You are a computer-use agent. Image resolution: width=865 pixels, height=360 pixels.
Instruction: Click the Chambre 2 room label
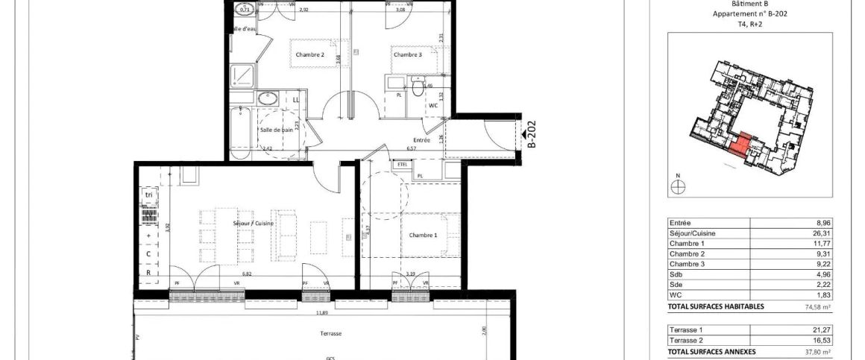click(309, 54)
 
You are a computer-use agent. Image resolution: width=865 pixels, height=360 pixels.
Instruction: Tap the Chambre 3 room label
click(408, 54)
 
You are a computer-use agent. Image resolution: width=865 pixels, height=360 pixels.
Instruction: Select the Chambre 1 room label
click(424, 235)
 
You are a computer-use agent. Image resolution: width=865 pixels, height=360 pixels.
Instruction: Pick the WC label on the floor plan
click(433, 106)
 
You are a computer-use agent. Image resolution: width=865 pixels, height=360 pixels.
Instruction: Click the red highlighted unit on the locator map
click(738, 143)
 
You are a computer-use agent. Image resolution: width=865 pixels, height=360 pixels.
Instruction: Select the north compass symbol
click(677, 187)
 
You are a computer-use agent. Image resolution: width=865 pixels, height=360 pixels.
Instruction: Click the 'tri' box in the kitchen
click(148, 195)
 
